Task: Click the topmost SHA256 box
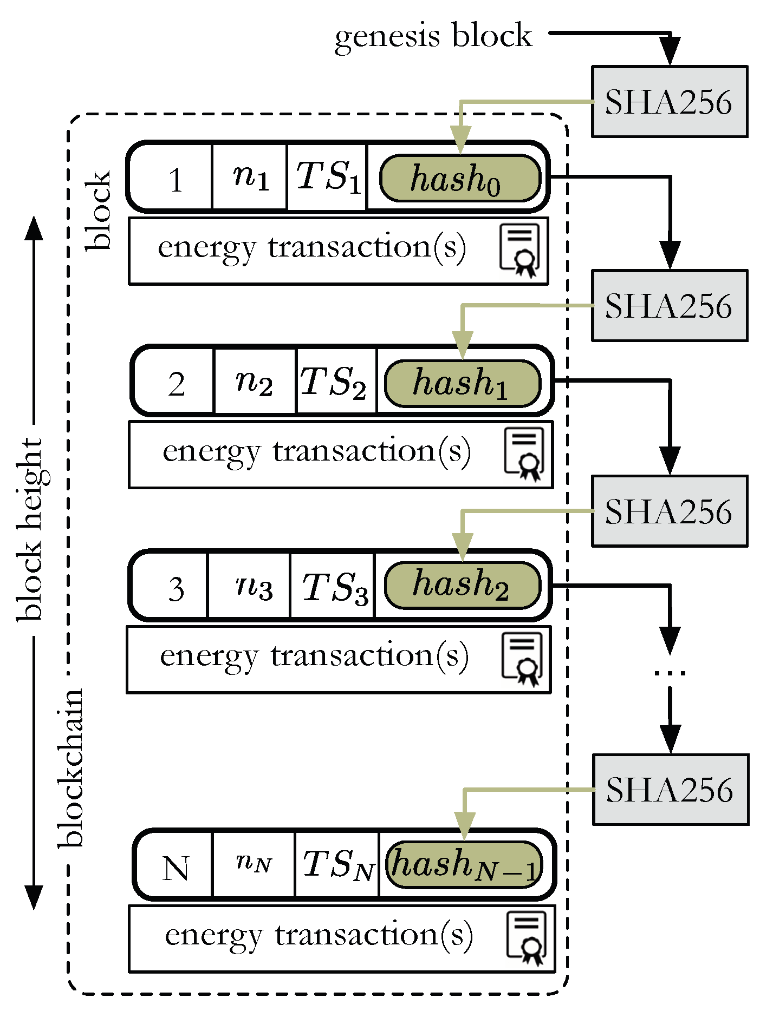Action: click(x=669, y=102)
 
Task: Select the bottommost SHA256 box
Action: click(x=670, y=790)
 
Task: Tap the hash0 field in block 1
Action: click(x=460, y=179)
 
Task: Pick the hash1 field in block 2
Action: click(x=462, y=383)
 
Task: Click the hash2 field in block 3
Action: click(x=462, y=586)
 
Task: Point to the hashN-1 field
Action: click(x=464, y=865)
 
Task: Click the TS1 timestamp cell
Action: click(x=327, y=177)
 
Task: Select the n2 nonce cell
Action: click(x=255, y=382)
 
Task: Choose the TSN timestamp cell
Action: click(x=337, y=865)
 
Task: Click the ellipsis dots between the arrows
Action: click(x=670, y=673)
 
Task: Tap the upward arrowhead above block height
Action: click(x=34, y=227)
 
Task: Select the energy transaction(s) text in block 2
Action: click(x=316, y=451)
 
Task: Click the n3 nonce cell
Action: click(x=254, y=587)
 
